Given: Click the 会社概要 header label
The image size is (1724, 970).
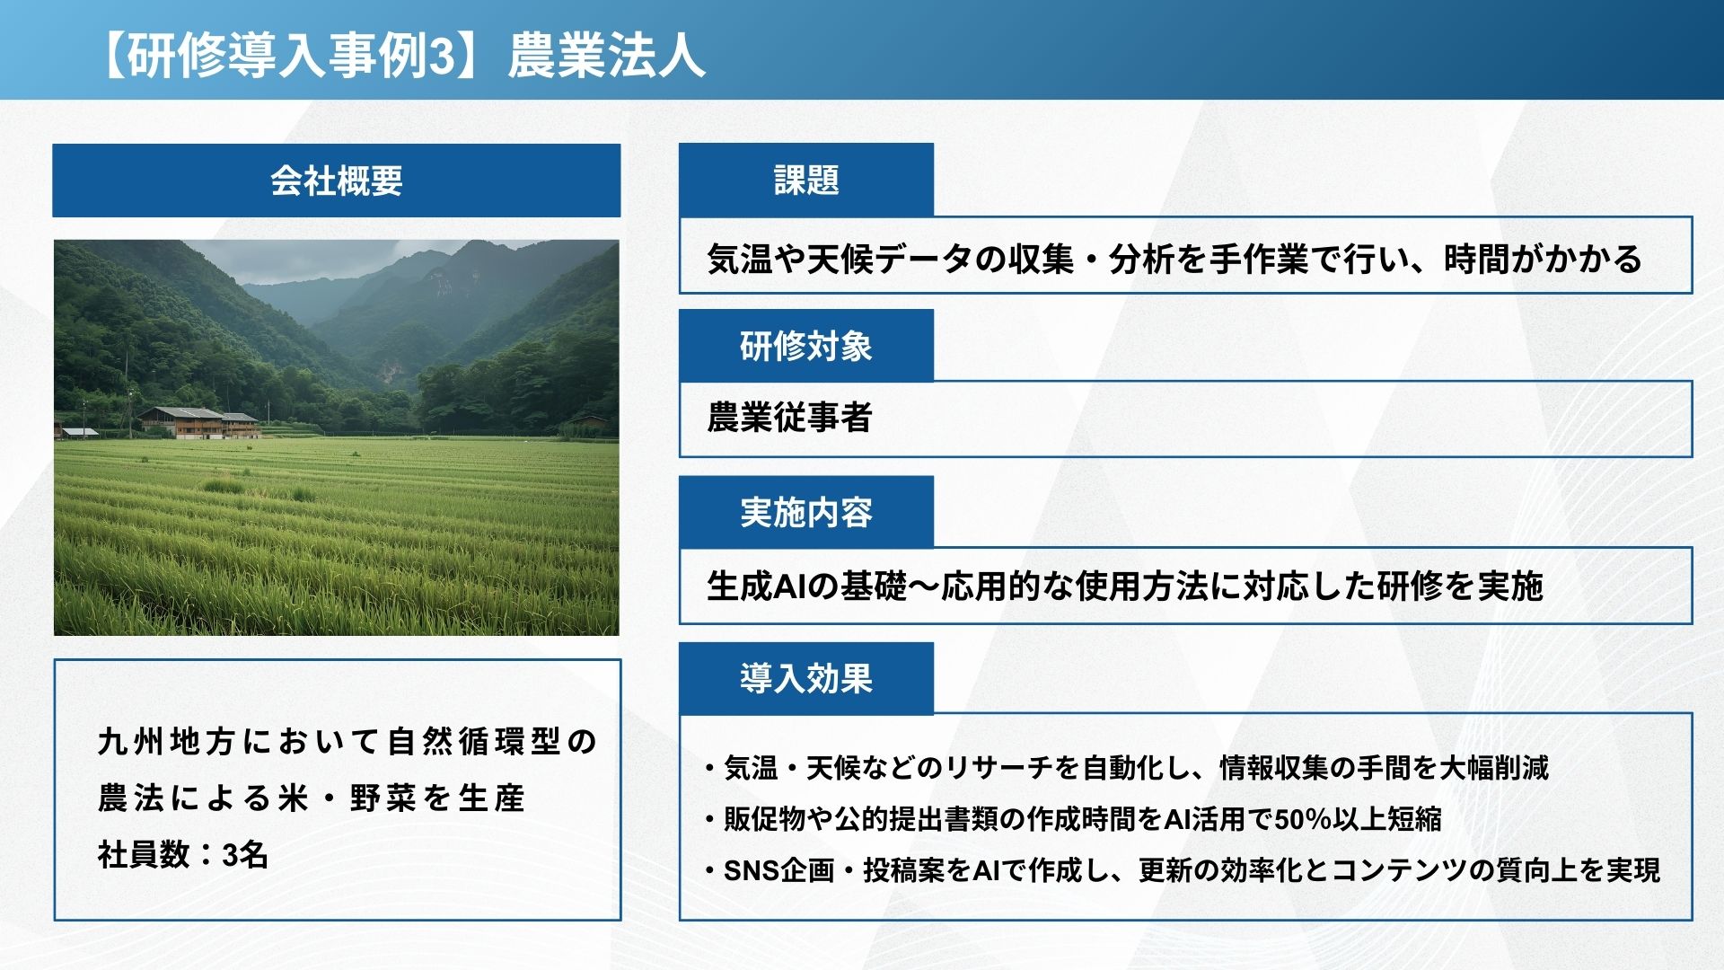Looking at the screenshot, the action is click(x=337, y=181).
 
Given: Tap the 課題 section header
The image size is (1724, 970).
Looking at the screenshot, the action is click(x=806, y=180).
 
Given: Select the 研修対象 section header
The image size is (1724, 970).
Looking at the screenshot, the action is click(x=806, y=346).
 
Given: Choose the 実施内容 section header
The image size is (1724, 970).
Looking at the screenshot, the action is click(x=806, y=512).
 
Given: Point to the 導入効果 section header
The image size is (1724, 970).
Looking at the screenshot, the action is click(x=806, y=678).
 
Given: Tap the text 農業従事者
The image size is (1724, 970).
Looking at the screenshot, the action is click(x=789, y=418).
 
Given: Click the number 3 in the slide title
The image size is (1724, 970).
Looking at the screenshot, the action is click(x=441, y=56).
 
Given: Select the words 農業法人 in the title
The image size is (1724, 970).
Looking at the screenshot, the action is click(x=606, y=56).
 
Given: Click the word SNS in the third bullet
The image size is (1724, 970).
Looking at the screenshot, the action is click(x=752, y=870).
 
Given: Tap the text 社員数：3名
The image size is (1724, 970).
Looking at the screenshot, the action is click(x=183, y=855).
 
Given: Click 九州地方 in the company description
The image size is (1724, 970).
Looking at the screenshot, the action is click(x=167, y=742).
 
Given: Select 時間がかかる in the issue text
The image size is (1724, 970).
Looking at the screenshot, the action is click(x=1543, y=260).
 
